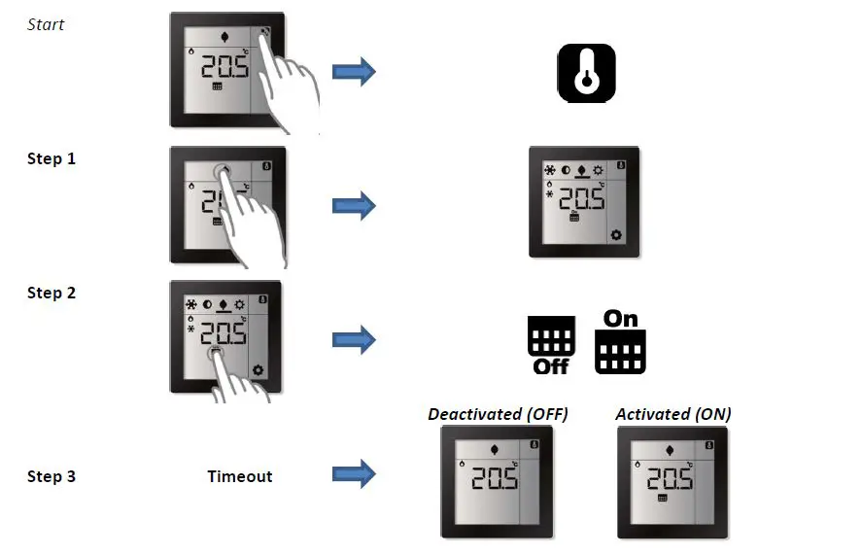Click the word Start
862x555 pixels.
pyautogui.click(x=45, y=24)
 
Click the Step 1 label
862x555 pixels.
pyautogui.click(x=52, y=159)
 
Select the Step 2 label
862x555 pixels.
pyautogui.click(x=52, y=293)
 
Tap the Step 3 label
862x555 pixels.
pyautogui.click(x=52, y=476)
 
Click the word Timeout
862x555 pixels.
pyautogui.click(x=240, y=476)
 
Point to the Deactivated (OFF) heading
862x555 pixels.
pyautogui.click(x=498, y=414)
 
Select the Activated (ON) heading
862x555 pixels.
pyautogui.click(x=673, y=414)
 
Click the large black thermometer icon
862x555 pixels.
pyautogui.click(x=586, y=73)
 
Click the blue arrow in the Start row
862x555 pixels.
pyautogui.click(x=354, y=72)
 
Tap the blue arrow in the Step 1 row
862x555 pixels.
pyautogui.click(x=354, y=206)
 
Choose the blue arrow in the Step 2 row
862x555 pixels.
pyautogui.click(x=354, y=339)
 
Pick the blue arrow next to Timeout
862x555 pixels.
pyautogui.click(x=354, y=474)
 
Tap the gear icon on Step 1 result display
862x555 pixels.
pyautogui.click(x=615, y=235)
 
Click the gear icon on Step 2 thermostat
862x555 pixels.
pyautogui.click(x=259, y=369)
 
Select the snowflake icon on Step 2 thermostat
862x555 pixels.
pyautogui.click(x=191, y=303)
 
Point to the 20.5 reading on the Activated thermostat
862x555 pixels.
pyautogui.click(x=670, y=478)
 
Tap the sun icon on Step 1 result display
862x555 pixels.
pyautogui.click(x=598, y=168)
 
